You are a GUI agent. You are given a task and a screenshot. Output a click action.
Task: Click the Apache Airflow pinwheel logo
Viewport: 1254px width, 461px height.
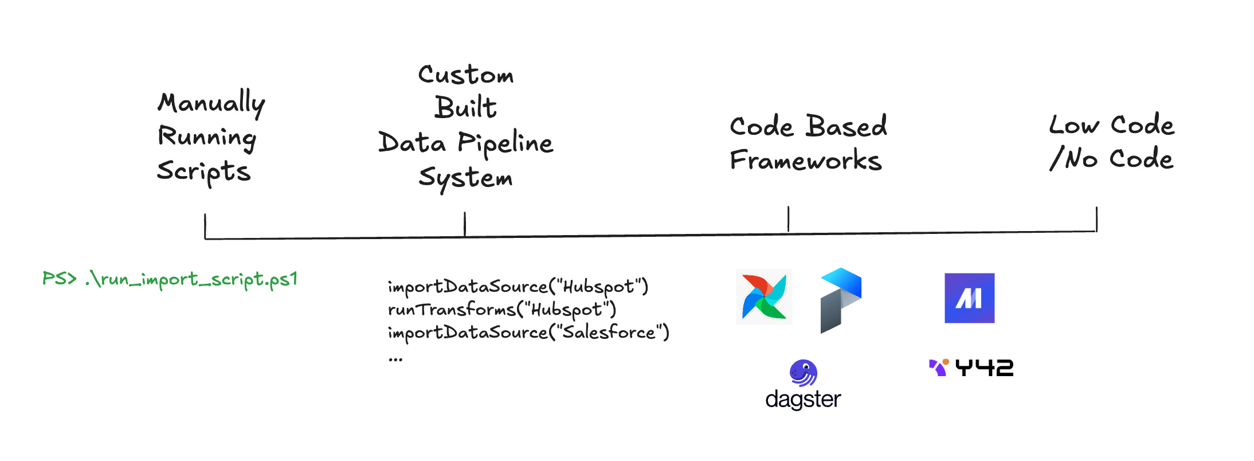click(764, 297)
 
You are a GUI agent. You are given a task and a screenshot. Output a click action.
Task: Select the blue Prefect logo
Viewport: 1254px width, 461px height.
click(841, 300)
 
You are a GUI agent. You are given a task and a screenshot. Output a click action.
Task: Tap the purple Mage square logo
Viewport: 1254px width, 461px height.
click(969, 298)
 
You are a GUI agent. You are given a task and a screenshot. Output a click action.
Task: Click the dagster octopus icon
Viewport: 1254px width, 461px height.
click(803, 373)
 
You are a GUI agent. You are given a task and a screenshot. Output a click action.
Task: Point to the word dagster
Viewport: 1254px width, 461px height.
click(803, 399)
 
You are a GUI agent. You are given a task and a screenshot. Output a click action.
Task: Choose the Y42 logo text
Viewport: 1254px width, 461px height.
click(983, 368)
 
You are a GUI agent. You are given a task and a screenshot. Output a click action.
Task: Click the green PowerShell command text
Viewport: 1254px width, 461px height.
click(170, 279)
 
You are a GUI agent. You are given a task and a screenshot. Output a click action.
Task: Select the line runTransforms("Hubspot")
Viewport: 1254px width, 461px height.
click(501, 310)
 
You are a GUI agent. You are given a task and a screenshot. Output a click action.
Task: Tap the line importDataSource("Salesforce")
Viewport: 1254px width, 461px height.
click(528, 333)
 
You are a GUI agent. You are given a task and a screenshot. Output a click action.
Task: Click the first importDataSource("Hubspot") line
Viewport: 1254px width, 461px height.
click(518, 286)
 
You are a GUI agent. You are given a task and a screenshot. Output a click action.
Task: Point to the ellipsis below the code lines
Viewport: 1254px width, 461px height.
click(395, 360)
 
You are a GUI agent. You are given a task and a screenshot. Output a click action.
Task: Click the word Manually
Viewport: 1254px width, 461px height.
click(211, 103)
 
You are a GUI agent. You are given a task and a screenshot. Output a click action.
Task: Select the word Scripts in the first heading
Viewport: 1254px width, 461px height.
click(204, 171)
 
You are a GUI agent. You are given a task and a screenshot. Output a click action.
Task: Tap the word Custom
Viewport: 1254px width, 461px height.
click(465, 75)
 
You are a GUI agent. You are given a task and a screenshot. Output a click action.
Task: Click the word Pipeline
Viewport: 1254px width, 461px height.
click(505, 143)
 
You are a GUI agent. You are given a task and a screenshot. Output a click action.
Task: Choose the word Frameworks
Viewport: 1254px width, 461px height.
click(805, 161)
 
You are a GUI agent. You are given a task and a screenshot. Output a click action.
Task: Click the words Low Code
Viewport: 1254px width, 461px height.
click(1111, 125)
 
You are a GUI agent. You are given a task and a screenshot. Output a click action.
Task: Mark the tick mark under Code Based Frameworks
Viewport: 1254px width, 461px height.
click(789, 219)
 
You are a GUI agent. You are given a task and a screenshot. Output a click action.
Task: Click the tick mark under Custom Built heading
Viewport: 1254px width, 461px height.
click(465, 224)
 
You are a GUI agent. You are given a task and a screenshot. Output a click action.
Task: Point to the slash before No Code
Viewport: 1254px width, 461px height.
click(1056, 158)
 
